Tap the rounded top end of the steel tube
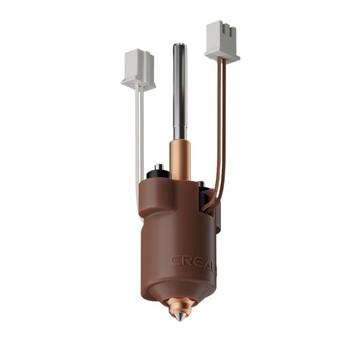pyautogui.click(x=180, y=45)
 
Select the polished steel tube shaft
pyautogui.click(x=180, y=93)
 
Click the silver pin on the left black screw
pyautogui.click(x=159, y=167)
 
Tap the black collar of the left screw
pyautogui.click(x=158, y=173)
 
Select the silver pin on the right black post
pyautogui.click(x=201, y=184)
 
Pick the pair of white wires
pyautogui.click(x=139, y=139)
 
